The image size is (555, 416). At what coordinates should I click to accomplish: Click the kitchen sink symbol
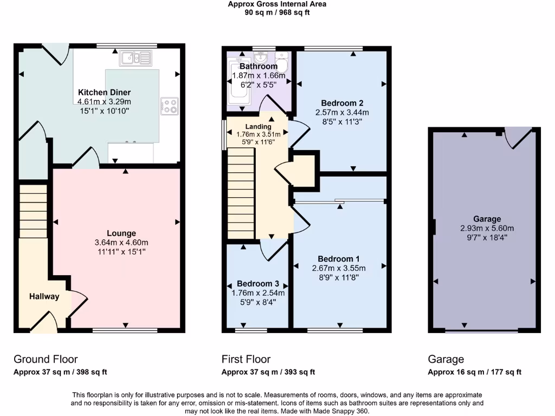click(136, 58)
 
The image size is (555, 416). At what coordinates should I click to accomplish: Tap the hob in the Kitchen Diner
click(169, 106)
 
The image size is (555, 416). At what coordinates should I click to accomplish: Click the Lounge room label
click(121, 233)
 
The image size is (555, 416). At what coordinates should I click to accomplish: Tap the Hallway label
click(44, 296)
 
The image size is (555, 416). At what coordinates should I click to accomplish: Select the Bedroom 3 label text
click(257, 284)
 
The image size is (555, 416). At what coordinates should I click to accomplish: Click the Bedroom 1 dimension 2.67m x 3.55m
click(339, 268)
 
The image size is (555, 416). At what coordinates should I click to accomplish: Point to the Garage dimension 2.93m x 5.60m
click(487, 229)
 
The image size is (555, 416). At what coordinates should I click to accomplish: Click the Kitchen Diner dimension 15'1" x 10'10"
click(105, 110)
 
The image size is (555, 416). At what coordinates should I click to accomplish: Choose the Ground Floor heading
click(46, 360)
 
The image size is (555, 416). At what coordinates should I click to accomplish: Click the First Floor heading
click(246, 360)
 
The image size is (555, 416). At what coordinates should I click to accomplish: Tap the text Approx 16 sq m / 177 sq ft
click(474, 372)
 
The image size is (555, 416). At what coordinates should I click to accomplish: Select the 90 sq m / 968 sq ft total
click(277, 13)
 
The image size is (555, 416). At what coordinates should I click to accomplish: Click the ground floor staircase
click(33, 211)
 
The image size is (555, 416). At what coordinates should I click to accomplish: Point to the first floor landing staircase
click(241, 193)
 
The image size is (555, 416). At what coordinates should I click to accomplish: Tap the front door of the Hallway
click(44, 322)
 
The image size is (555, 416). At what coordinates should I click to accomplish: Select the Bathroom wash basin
click(261, 57)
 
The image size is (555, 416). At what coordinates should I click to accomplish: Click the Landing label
click(259, 127)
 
